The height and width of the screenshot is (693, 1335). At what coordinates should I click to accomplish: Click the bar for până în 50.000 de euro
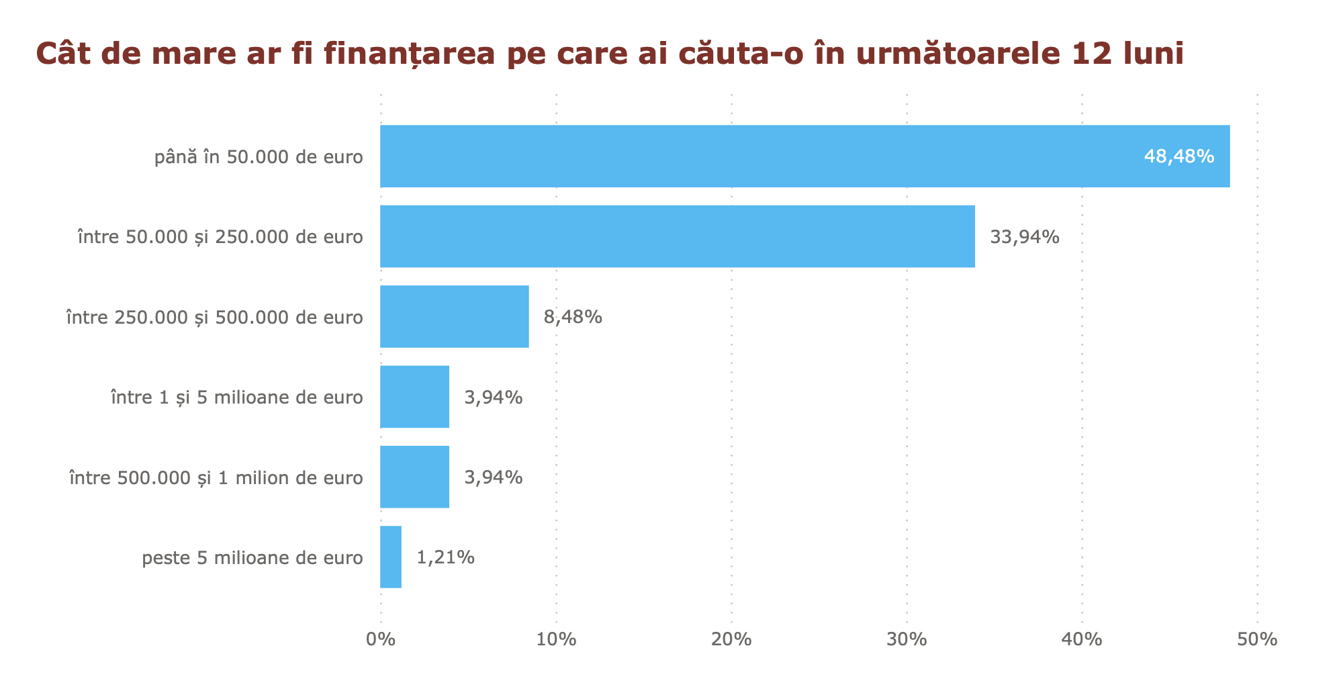tap(804, 156)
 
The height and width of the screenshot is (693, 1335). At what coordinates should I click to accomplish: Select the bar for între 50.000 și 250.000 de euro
tap(677, 236)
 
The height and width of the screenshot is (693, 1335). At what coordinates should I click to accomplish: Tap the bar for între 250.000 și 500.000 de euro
tap(454, 316)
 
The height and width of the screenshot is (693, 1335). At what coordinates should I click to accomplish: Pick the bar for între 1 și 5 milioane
tap(414, 397)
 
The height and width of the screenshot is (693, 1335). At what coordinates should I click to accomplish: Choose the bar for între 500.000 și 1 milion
tap(414, 477)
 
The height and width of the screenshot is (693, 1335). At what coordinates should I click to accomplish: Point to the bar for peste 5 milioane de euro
tap(391, 557)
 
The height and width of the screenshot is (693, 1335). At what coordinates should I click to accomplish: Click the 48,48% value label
tap(1179, 156)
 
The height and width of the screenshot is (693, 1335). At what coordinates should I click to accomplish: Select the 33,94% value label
tap(1025, 237)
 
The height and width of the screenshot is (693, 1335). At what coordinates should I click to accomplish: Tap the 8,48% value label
tap(573, 317)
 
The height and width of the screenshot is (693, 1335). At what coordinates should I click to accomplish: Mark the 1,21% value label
tap(446, 557)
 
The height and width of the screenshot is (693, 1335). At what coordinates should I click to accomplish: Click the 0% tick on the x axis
tap(381, 639)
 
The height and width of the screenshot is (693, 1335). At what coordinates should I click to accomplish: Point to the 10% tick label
tap(556, 639)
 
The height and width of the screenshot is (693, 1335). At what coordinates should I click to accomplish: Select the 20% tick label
tap(731, 639)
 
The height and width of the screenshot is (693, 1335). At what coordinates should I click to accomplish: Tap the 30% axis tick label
tap(907, 639)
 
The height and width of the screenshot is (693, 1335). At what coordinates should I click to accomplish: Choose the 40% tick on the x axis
tap(1082, 639)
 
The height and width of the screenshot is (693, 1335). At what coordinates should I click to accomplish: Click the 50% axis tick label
tap(1257, 639)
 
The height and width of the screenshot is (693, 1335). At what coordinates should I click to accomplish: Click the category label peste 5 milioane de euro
tap(252, 558)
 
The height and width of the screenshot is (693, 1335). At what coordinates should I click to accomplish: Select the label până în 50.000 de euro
tap(259, 157)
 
